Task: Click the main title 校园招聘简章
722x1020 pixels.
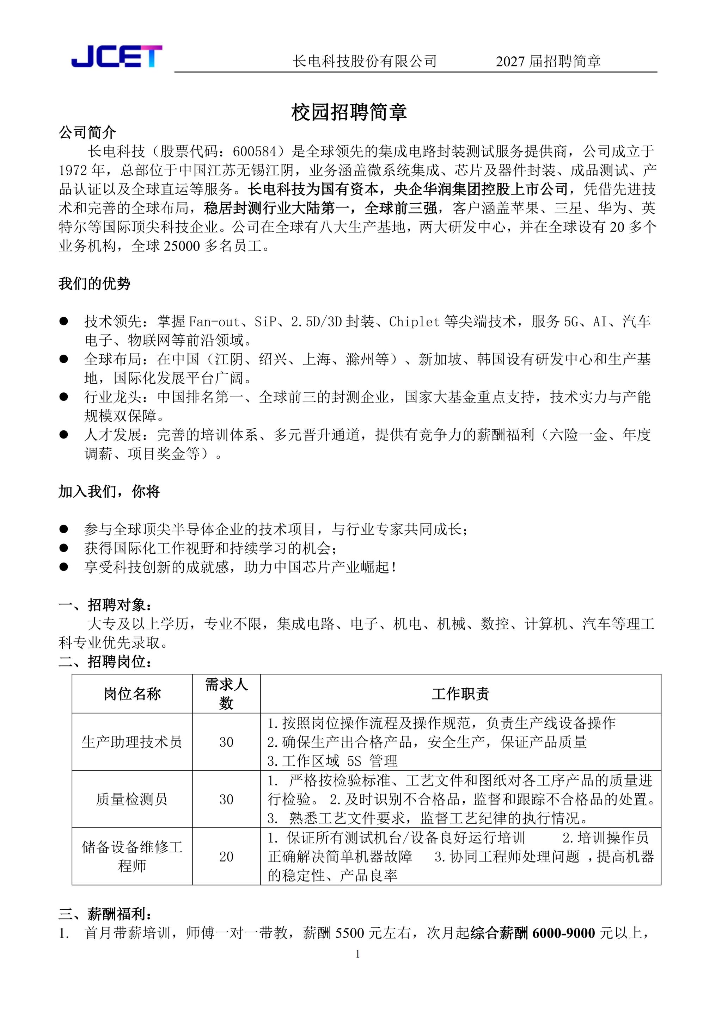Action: click(349, 112)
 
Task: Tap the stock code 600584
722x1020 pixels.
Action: click(255, 152)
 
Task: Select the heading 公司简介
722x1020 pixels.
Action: click(87, 132)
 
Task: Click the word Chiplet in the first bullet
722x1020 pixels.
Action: click(414, 322)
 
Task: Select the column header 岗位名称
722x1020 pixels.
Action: click(132, 694)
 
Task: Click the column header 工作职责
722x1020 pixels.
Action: click(460, 694)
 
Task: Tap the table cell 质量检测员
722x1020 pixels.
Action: click(132, 799)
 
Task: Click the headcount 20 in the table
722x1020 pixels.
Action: click(226, 857)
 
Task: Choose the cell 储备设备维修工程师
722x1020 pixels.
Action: click(132, 857)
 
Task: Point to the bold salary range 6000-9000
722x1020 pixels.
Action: click(563, 933)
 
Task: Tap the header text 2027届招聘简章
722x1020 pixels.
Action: click(548, 61)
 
